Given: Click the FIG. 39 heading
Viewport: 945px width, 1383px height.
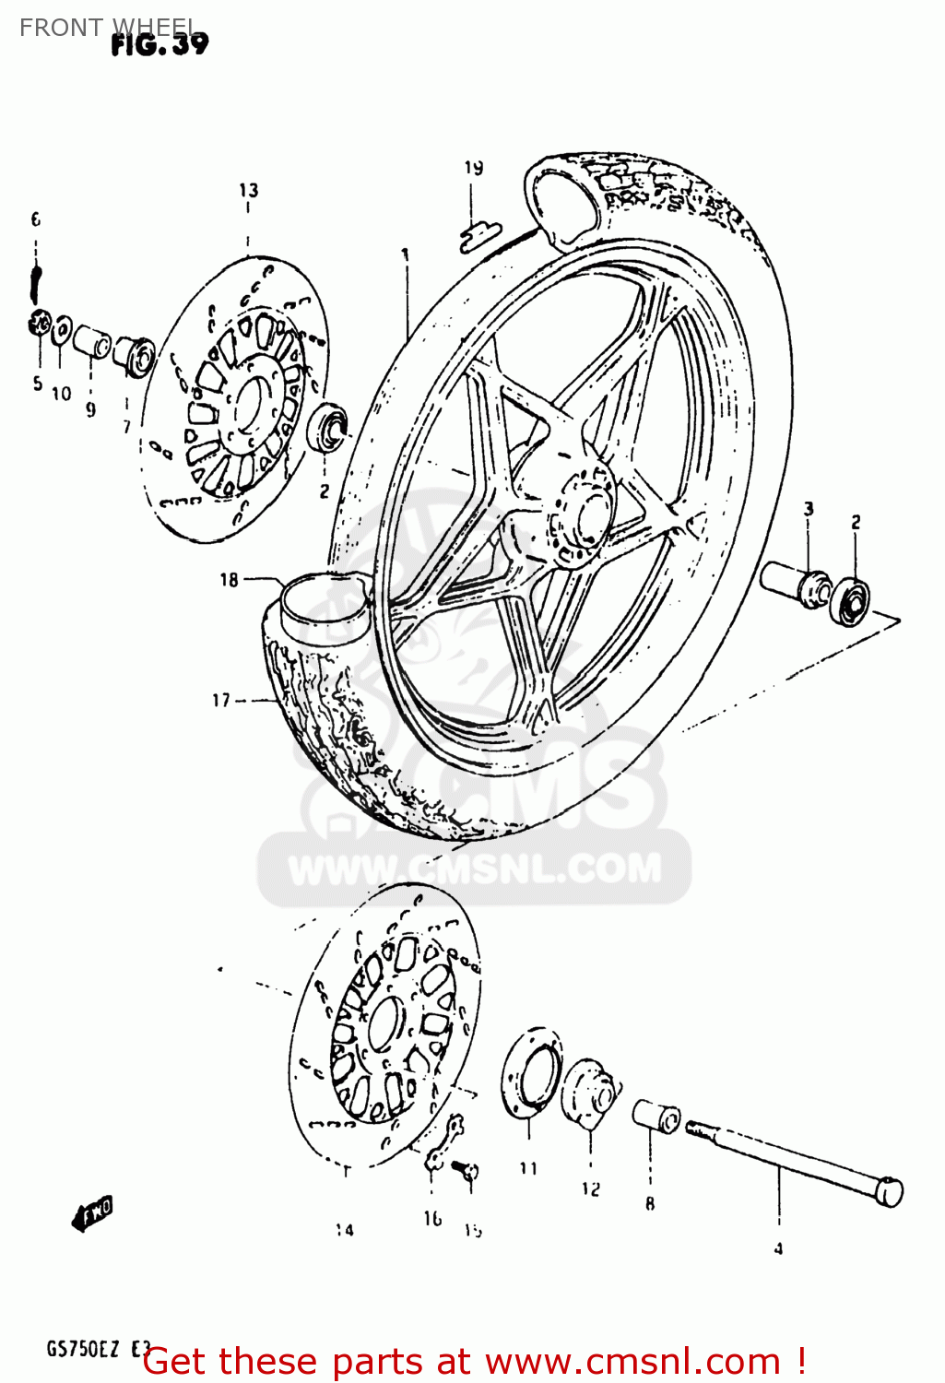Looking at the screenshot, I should tap(159, 43).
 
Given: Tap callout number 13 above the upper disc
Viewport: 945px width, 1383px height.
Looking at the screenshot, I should tap(249, 191).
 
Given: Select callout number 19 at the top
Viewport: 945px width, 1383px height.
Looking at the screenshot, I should tap(473, 168).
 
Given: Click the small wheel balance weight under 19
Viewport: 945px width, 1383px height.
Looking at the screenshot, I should tap(478, 237).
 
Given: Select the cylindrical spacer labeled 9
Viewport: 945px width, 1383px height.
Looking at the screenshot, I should tap(92, 340).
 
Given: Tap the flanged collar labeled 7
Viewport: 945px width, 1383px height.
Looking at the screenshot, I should tap(133, 355).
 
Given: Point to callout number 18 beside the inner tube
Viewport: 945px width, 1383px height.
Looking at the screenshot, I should tap(229, 580).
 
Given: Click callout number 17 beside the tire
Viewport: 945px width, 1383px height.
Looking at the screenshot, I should tap(221, 701).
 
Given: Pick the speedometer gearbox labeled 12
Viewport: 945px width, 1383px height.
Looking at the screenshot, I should tap(590, 1094).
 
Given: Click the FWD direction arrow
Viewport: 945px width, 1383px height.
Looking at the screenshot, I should tap(93, 1213).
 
